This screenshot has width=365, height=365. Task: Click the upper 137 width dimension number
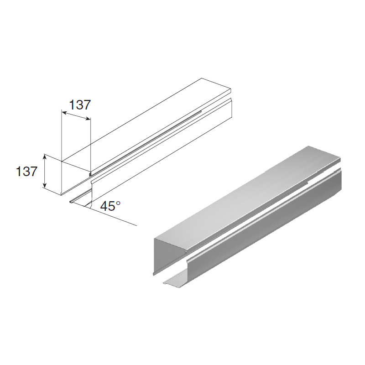click(79, 105)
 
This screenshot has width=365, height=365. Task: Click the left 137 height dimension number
click(26, 172)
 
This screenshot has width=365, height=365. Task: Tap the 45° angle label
click(110, 206)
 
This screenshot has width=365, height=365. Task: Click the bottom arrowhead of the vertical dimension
click(44, 185)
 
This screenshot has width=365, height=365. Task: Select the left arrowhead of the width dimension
click(64, 113)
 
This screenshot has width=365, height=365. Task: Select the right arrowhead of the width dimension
click(88, 119)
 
